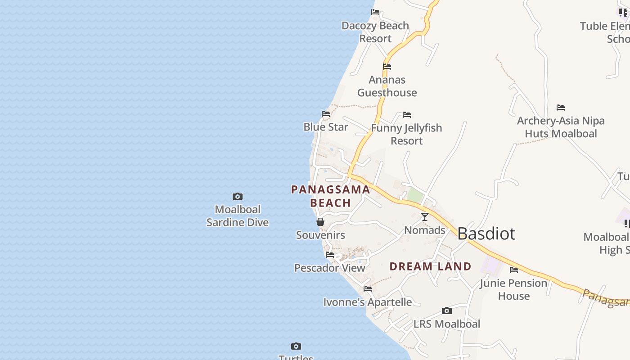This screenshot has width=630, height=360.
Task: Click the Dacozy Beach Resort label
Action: click(375, 32)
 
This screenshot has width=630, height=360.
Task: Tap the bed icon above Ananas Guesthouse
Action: click(387, 67)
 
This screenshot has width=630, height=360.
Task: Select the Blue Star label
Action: click(325, 127)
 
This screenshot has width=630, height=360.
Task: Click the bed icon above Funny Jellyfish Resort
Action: click(407, 115)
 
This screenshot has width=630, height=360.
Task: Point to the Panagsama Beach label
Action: click(331, 196)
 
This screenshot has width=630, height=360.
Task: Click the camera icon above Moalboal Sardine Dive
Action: click(238, 196)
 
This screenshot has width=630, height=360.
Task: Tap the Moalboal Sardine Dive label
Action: click(238, 216)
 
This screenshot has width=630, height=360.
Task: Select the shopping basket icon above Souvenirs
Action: click(320, 222)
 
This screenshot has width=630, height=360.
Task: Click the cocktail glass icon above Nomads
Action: click(425, 217)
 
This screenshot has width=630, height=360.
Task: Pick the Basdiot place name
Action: click(486, 234)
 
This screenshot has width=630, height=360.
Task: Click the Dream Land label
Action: click(430, 266)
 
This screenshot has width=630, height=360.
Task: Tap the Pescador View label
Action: click(330, 268)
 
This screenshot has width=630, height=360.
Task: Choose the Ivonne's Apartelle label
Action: click(368, 302)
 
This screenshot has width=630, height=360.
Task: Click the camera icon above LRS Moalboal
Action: click(447, 310)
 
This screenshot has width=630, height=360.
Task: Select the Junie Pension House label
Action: click(513, 289)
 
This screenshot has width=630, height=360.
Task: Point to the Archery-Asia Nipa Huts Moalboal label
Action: click(561, 127)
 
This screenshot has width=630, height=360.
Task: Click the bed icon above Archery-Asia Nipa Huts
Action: click(561, 108)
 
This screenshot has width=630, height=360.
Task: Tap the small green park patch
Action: click(415, 196)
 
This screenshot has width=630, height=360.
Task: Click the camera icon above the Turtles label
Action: click(296, 346)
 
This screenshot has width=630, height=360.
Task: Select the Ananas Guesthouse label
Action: click(387, 86)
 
